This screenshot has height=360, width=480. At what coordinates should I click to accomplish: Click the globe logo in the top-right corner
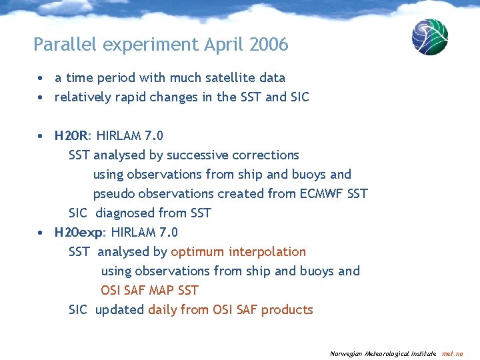pos(429,37)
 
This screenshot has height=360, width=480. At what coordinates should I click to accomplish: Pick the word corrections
pos(268,155)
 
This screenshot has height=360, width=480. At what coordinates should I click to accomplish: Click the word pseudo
pos(113,193)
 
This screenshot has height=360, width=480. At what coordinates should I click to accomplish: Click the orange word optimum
pos(197,251)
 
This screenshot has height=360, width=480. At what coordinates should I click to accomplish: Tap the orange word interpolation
pos(267,251)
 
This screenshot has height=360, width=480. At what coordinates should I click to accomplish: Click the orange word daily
pos(163,309)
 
